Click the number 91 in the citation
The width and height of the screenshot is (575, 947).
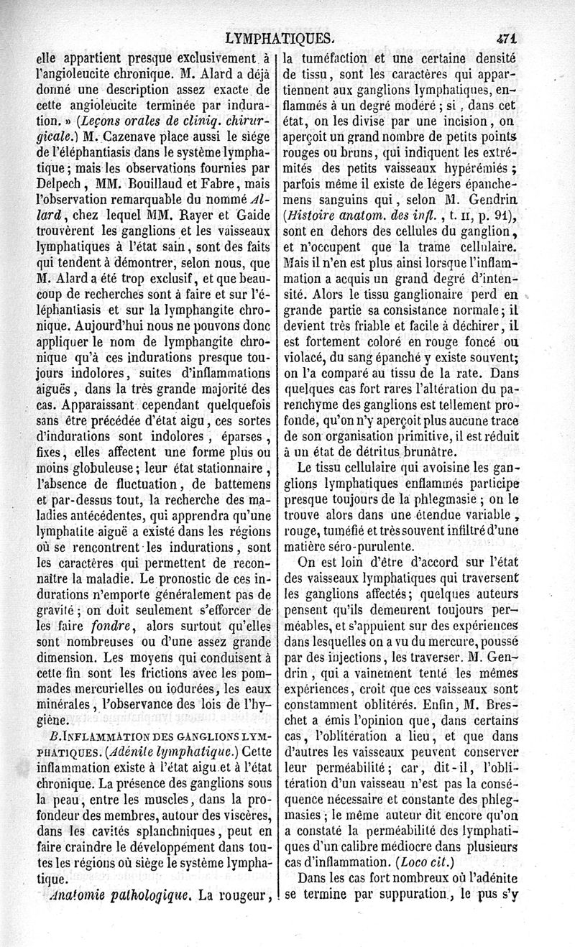click(x=507, y=215)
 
